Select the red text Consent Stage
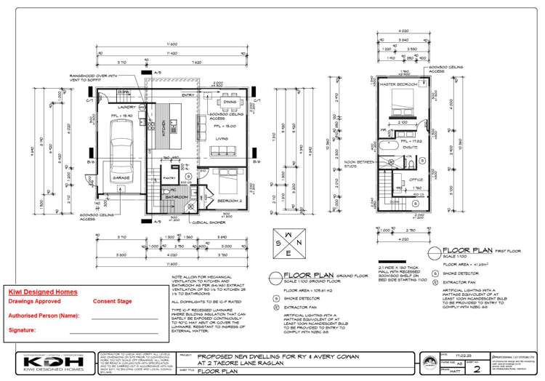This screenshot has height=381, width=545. [113, 300]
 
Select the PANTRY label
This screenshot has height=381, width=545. [168, 177]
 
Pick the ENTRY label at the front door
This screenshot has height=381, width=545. [187, 95]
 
